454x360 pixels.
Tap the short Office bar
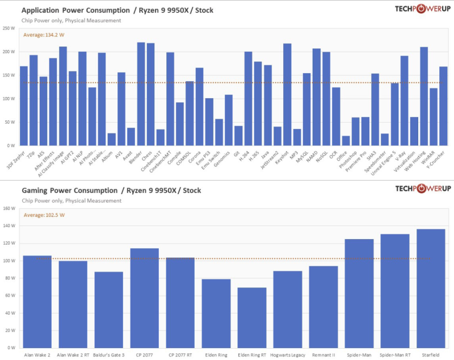tap(346, 140)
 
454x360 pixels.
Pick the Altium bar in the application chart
tap(111, 139)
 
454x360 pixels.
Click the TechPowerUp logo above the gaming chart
tap(423, 189)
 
